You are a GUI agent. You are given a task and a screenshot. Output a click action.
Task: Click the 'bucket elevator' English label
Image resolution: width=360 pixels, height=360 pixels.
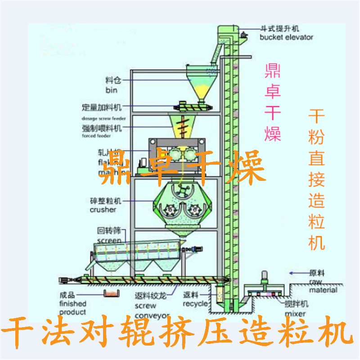point(286,37)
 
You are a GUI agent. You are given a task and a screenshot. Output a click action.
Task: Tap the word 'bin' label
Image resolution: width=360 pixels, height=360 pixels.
point(111,90)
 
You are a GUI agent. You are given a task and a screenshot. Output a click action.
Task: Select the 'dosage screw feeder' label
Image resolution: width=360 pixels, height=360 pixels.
point(103,118)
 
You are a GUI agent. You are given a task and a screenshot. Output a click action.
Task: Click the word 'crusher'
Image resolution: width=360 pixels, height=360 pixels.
point(103,210)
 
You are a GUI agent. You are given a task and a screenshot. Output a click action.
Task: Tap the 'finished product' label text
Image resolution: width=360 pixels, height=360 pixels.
point(72,308)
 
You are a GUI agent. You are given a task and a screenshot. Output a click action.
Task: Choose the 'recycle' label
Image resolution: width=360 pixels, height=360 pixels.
point(195,304)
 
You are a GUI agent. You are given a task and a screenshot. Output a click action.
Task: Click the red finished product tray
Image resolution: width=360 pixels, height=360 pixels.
point(110,294)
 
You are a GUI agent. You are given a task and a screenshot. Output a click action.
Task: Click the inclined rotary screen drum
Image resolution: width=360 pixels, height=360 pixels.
point(135,252)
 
